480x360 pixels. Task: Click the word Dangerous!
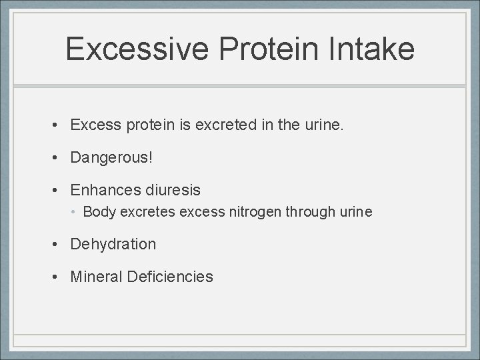pyautogui.click(x=111, y=158)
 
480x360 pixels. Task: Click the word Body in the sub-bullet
pyautogui.click(x=99, y=213)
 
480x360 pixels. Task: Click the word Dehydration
pyautogui.click(x=113, y=245)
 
